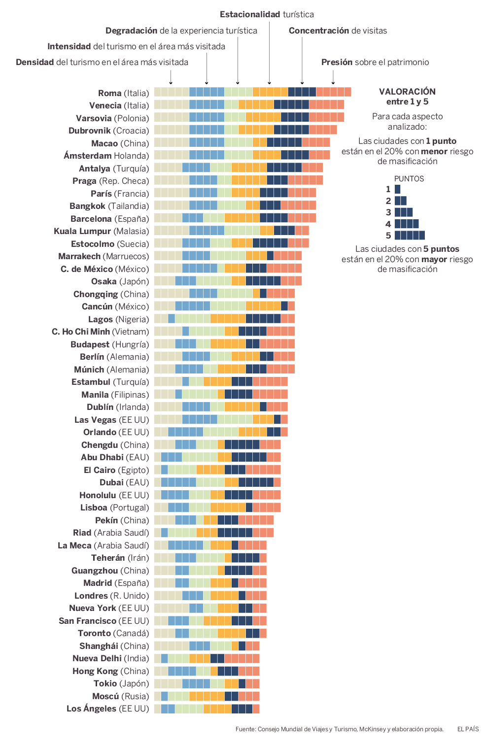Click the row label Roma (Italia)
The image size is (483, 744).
click(123, 93)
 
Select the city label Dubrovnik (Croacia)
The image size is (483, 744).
click(108, 131)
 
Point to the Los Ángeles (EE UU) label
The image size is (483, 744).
click(107, 709)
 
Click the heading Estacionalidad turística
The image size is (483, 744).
click(267, 14)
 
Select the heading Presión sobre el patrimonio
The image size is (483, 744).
click(375, 62)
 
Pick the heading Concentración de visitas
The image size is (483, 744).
click(338, 31)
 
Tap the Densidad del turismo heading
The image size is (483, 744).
click(102, 62)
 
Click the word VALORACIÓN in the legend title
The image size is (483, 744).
click(407, 92)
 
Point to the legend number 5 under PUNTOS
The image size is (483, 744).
click(388, 236)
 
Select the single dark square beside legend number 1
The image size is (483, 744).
click(397, 189)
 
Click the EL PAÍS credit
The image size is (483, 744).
click(468, 729)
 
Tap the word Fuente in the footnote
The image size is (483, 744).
click(245, 729)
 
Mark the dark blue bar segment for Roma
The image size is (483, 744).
click(302, 92)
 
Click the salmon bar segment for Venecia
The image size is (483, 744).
click(326, 104)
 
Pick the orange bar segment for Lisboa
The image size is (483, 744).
click(228, 507)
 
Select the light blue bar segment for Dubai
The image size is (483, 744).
click(178, 482)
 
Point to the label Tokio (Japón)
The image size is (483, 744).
click(121, 683)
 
